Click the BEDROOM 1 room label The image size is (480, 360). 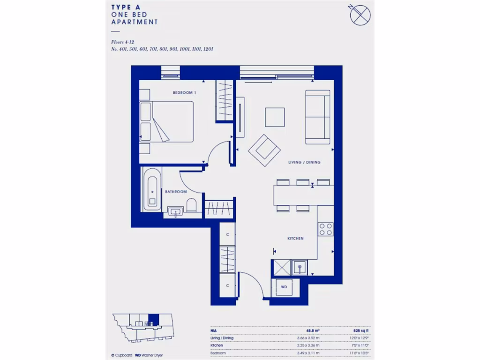tap(184, 93)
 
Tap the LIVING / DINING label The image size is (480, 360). tap(304, 162)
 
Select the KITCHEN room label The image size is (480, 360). tap(295, 239)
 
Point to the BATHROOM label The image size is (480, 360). tap(176, 192)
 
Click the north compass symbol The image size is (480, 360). tap(360, 15)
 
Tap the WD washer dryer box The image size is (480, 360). tap(284, 286)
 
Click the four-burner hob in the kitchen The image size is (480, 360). tap(325, 229)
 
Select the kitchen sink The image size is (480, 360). tap(299, 268)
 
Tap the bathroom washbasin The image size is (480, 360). tap(175, 212)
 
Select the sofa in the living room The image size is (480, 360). tap(317, 117)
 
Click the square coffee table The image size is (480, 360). tap(275, 117)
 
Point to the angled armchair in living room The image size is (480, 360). tap(264, 150)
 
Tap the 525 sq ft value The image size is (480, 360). tap(361, 330)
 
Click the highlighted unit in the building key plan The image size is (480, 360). tap(153, 320)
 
